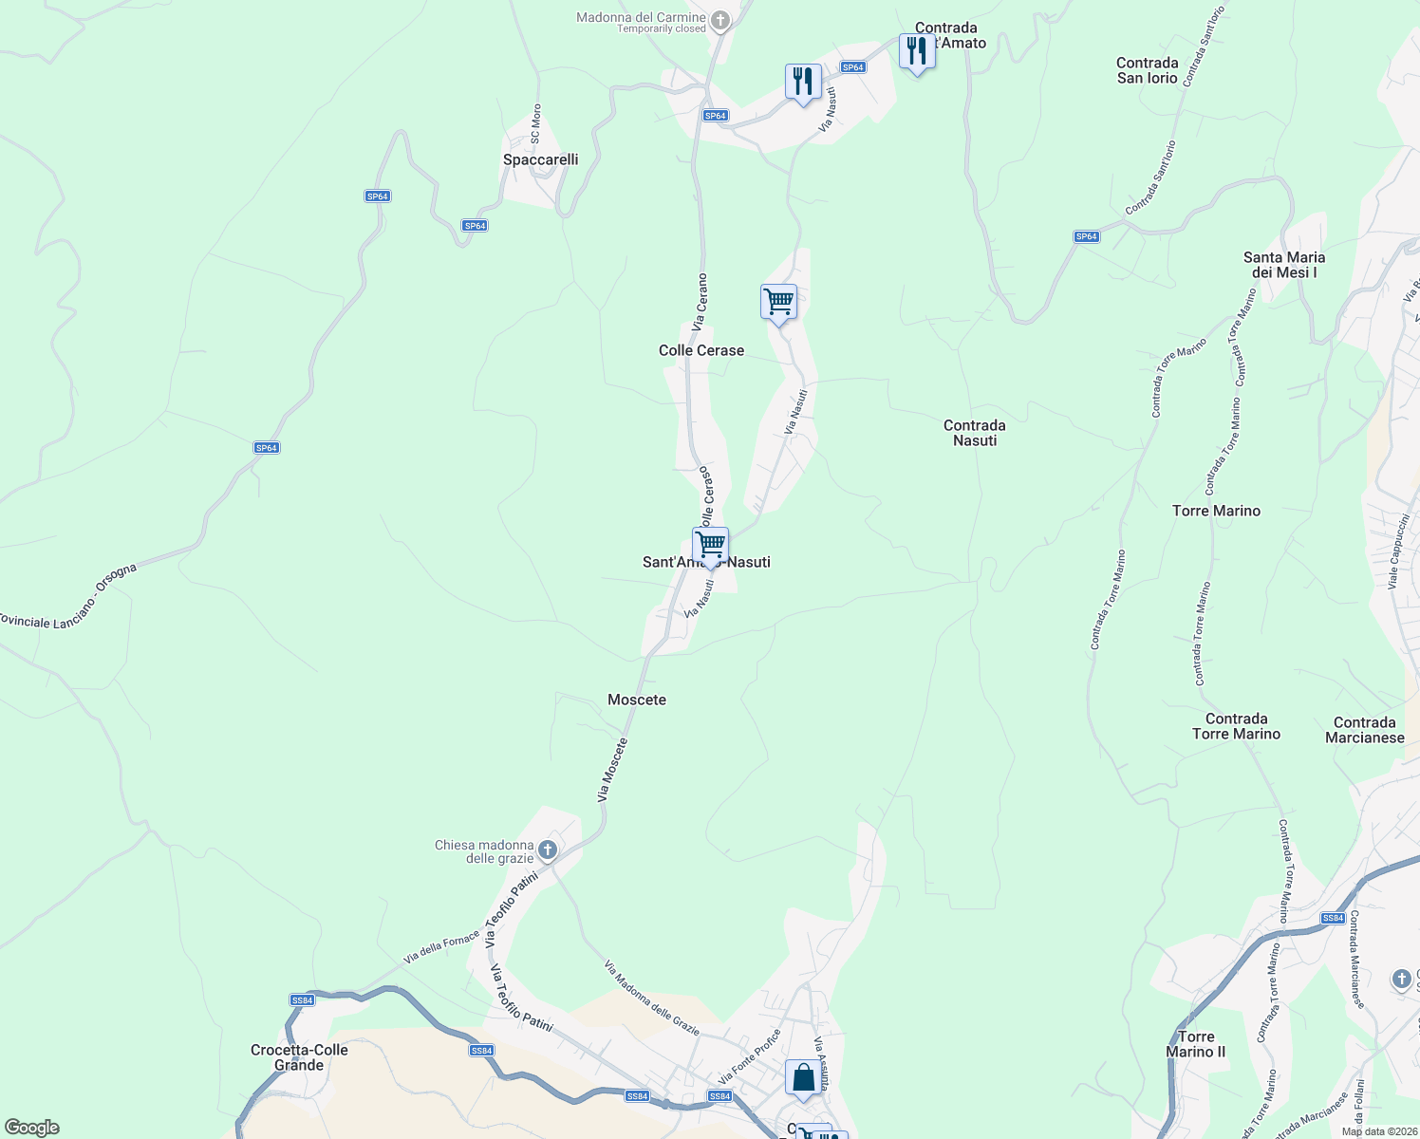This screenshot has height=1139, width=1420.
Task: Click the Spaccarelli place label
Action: [540, 159]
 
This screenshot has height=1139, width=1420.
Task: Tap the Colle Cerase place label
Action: [701, 350]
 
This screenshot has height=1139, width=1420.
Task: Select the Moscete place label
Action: [637, 700]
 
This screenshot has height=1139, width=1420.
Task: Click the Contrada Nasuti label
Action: [975, 433]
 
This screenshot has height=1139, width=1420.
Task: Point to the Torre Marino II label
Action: [1195, 1044]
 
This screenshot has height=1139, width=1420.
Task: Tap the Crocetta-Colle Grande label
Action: [299, 1057]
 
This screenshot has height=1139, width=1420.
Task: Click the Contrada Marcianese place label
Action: [1364, 730]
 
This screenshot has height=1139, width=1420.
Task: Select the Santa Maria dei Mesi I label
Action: [1284, 265]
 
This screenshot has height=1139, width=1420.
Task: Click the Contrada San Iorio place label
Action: [1148, 70]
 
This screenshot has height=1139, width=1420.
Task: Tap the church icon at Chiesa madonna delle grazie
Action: [548, 849]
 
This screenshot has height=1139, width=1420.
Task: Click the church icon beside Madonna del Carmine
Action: [720, 19]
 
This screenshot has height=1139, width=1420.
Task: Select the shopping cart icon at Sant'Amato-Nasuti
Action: [710, 545]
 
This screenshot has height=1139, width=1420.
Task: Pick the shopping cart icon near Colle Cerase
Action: [778, 302]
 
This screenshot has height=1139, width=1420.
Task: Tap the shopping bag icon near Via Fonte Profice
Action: [803, 1077]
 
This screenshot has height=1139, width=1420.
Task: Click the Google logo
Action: [31, 1128]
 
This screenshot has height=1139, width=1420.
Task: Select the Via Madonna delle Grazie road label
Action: [652, 999]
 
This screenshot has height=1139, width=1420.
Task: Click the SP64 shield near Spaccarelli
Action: [475, 226]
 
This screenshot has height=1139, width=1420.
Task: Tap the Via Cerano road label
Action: [700, 302]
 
